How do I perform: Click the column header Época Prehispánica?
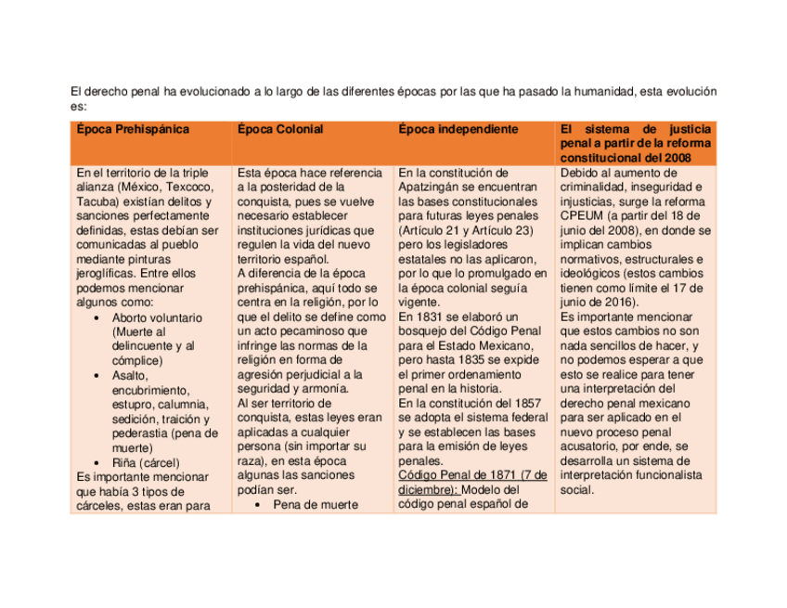(x=133, y=129)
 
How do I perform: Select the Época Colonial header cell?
(x=280, y=129)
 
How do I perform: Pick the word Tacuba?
(x=97, y=201)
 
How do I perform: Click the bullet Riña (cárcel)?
(x=146, y=462)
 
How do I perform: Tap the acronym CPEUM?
(x=583, y=215)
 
